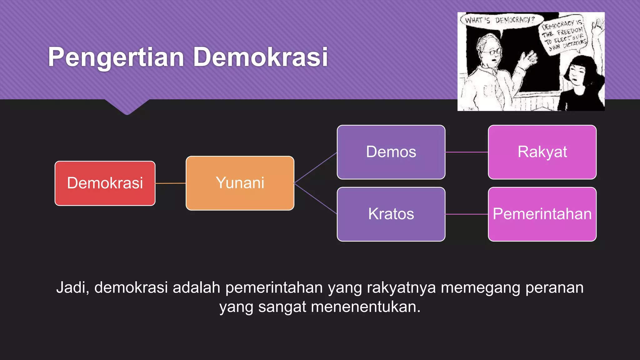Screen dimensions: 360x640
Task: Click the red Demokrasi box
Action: [105, 183]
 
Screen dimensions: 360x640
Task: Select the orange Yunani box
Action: [240, 183]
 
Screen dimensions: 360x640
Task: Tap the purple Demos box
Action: [391, 152]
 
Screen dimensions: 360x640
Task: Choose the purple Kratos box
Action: [391, 214]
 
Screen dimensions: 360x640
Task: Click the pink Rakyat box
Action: [542, 152]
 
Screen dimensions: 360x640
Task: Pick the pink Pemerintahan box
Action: [542, 214]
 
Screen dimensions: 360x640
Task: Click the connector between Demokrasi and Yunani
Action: [171, 183]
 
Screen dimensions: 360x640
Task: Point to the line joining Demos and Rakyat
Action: [467, 152]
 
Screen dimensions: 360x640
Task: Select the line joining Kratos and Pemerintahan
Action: [467, 214]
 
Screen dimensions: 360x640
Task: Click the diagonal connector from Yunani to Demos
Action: [315, 168]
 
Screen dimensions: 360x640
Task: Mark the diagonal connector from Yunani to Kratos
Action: [315, 198]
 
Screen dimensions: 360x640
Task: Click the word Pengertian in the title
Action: [116, 57]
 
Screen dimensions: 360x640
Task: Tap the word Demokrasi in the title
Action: [260, 57]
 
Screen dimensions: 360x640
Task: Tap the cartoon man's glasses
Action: [495, 51]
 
